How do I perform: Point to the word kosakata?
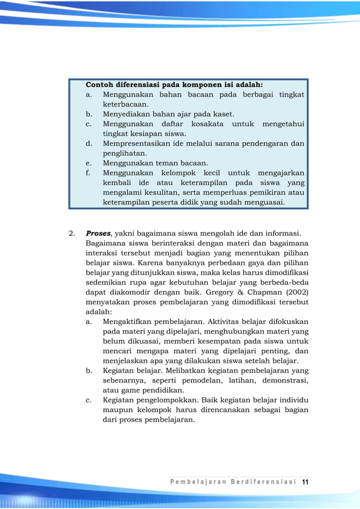click(207, 124)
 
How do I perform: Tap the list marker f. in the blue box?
click(89, 173)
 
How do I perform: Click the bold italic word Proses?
click(99, 233)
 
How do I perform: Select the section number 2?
click(71, 233)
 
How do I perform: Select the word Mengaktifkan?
click(127, 322)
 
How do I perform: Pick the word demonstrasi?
click(285, 380)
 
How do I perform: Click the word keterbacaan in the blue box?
click(125, 104)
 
